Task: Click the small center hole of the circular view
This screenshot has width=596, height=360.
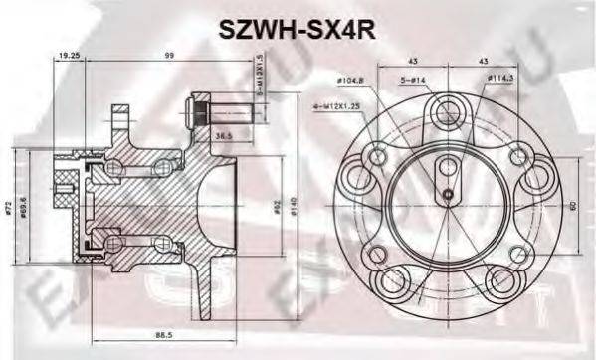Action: (x=448, y=194)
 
